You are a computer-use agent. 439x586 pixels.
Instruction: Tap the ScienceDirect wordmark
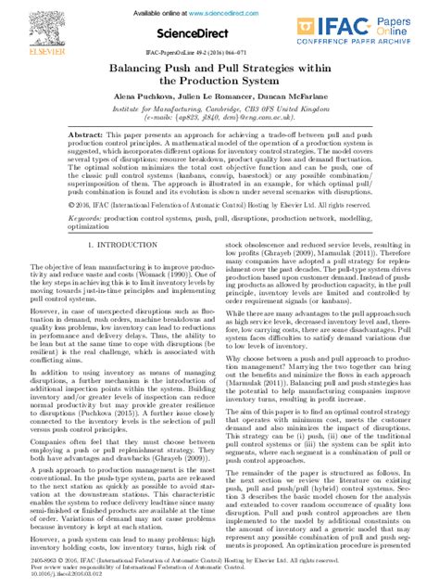[219, 33]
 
